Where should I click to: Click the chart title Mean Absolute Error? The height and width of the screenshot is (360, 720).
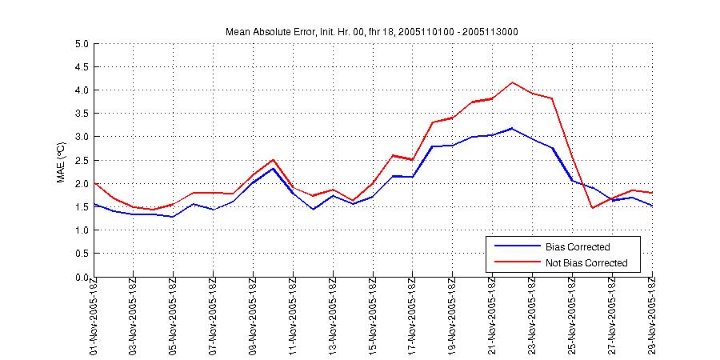click(x=374, y=31)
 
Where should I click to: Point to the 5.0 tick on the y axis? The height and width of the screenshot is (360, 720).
click(x=81, y=44)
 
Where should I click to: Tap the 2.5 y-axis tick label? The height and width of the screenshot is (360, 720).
click(x=81, y=161)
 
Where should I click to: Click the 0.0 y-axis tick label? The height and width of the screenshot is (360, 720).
click(x=81, y=278)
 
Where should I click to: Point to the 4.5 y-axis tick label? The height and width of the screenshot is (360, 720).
click(x=81, y=67)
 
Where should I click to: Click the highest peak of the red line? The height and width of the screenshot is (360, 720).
click(x=513, y=82)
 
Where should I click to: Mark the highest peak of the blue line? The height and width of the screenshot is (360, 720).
click(x=513, y=128)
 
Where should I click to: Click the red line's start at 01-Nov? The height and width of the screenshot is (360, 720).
click(x=94, y=183)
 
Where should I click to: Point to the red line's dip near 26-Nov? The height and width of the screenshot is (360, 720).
click(x=593, y=208)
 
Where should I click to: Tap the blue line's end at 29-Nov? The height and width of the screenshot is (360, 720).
click(x=652, y=206)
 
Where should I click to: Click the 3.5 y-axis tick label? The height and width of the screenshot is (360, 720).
click(x=81, y=114)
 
